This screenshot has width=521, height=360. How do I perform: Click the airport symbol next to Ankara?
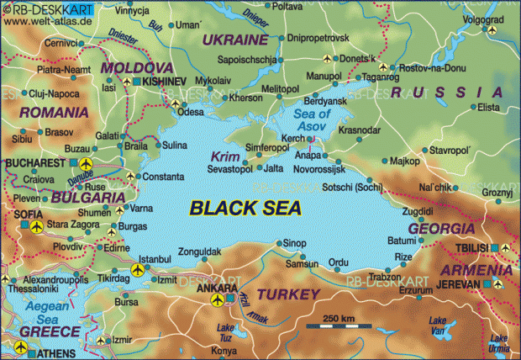point(218,299)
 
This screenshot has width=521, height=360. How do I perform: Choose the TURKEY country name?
point(288,294)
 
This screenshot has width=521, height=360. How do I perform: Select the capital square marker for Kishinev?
point(137,80)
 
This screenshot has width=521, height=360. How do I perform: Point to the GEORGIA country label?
point(441,228)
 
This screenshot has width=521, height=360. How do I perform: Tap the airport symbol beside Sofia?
point(35,226)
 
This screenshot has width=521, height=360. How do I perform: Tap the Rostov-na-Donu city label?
point(435,67)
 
